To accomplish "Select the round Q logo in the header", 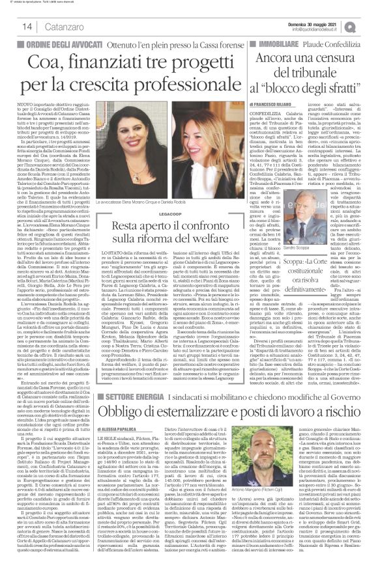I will (x=369, y=26).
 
